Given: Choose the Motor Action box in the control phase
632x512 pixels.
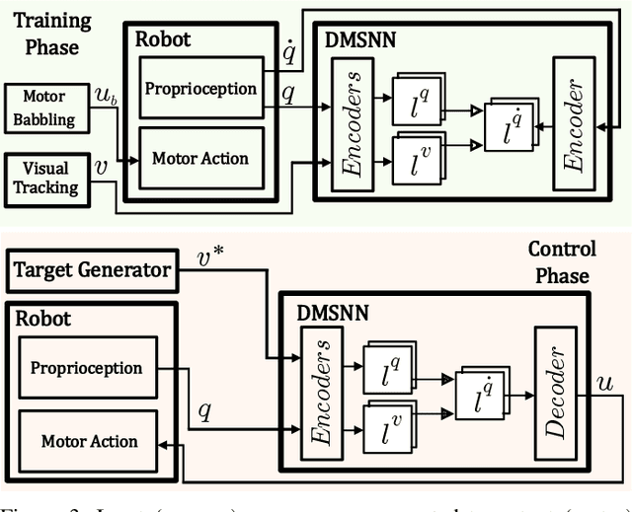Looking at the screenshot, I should (90, 441).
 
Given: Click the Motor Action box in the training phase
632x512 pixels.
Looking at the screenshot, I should (199, 158).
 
